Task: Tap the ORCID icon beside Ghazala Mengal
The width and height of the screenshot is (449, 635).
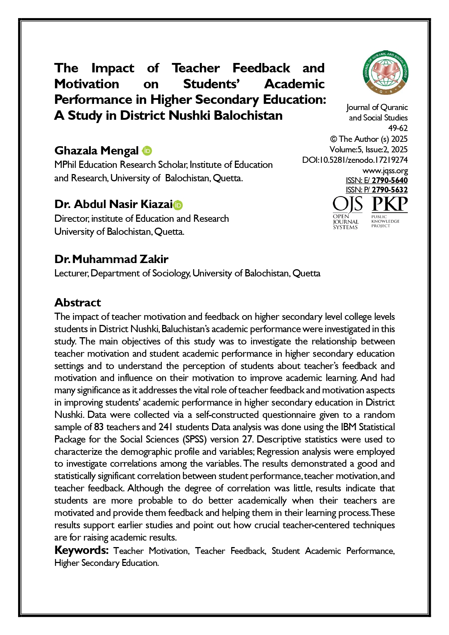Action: coord(147,151)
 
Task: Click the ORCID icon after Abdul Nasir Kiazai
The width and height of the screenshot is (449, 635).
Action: coord(178,205)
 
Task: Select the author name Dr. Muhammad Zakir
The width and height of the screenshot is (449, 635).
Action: coord(111,259)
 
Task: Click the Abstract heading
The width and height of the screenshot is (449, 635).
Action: coord(77,302)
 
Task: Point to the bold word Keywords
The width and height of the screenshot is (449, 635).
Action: coord(81,550)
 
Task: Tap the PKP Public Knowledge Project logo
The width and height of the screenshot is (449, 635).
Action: coord(389,212)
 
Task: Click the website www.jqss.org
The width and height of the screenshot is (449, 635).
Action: coord(385,170)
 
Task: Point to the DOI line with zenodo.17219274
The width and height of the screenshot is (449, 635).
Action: coord(355,160)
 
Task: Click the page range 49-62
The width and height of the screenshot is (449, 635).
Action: coord(398,128)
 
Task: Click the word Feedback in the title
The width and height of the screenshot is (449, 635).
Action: coord(261,68)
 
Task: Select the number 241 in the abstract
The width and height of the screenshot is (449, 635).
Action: coord(166,427)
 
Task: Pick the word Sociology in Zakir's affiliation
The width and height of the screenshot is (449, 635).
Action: coord(171,273)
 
